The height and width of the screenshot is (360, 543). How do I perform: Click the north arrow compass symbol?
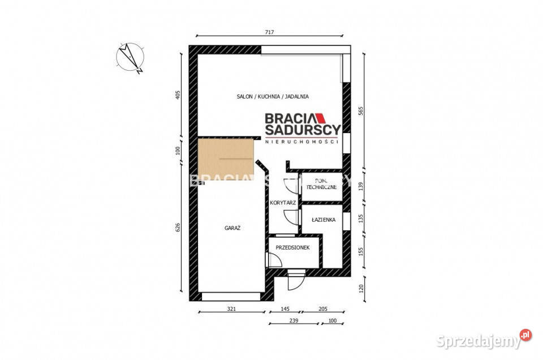pyautogui.click(x=131, y=58)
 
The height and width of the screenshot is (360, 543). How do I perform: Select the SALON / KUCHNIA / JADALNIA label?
pyautogui.click(x=273, y=97)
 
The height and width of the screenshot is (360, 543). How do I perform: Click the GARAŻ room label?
pyautogui.click(x=233, y=228)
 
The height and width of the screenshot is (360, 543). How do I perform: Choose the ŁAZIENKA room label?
pyautogui.click(x=324, y=219)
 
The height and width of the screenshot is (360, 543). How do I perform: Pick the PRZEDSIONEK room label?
pyautogui.click(x=292, y=247)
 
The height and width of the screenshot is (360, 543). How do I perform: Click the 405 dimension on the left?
pyautogui.click(x=178, y=94)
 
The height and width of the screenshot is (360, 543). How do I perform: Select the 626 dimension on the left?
pyautogui.click(x=178, y=228)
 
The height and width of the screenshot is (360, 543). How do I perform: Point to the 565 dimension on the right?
pyautogui.click(x=361, y=112)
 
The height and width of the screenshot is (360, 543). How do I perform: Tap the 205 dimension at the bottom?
pyautogui.click(x=322, y=310)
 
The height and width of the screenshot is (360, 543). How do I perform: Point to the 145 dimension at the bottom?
pyautogui.click(x=285, y=310)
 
